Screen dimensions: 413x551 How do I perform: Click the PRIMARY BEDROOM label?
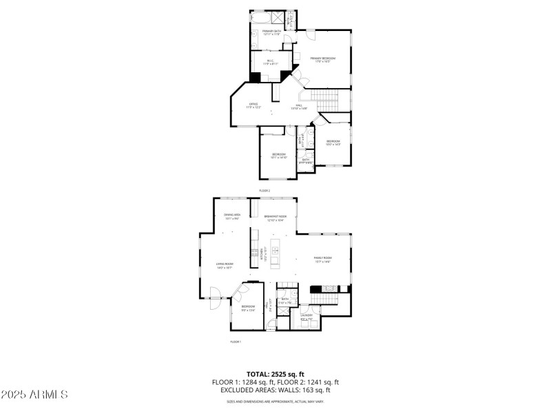coord(322,60)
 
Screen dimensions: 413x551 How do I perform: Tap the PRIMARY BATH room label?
coord(271,32)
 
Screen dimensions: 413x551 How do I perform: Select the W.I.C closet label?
coord(270,61)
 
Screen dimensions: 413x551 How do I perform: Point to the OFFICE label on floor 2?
coord(253,105)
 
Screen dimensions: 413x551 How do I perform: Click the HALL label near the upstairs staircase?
coord(299,107)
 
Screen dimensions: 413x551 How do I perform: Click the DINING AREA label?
coord(232,217)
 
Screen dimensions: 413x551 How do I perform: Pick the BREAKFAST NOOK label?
coord(275,218)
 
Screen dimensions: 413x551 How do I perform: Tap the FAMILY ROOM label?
coord(323,260)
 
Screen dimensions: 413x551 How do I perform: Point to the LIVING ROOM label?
coord(224,265)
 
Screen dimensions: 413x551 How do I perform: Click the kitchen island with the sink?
coord(275,255)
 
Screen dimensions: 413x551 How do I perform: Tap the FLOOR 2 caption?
coord(264,190)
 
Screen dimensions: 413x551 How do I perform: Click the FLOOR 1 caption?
coord(236,341)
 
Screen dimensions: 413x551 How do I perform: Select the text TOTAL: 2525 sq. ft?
coord(275,374)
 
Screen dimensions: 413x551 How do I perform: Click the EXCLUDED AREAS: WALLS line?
coord(275,390)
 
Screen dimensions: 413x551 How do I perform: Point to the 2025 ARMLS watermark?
coord(34,395)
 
